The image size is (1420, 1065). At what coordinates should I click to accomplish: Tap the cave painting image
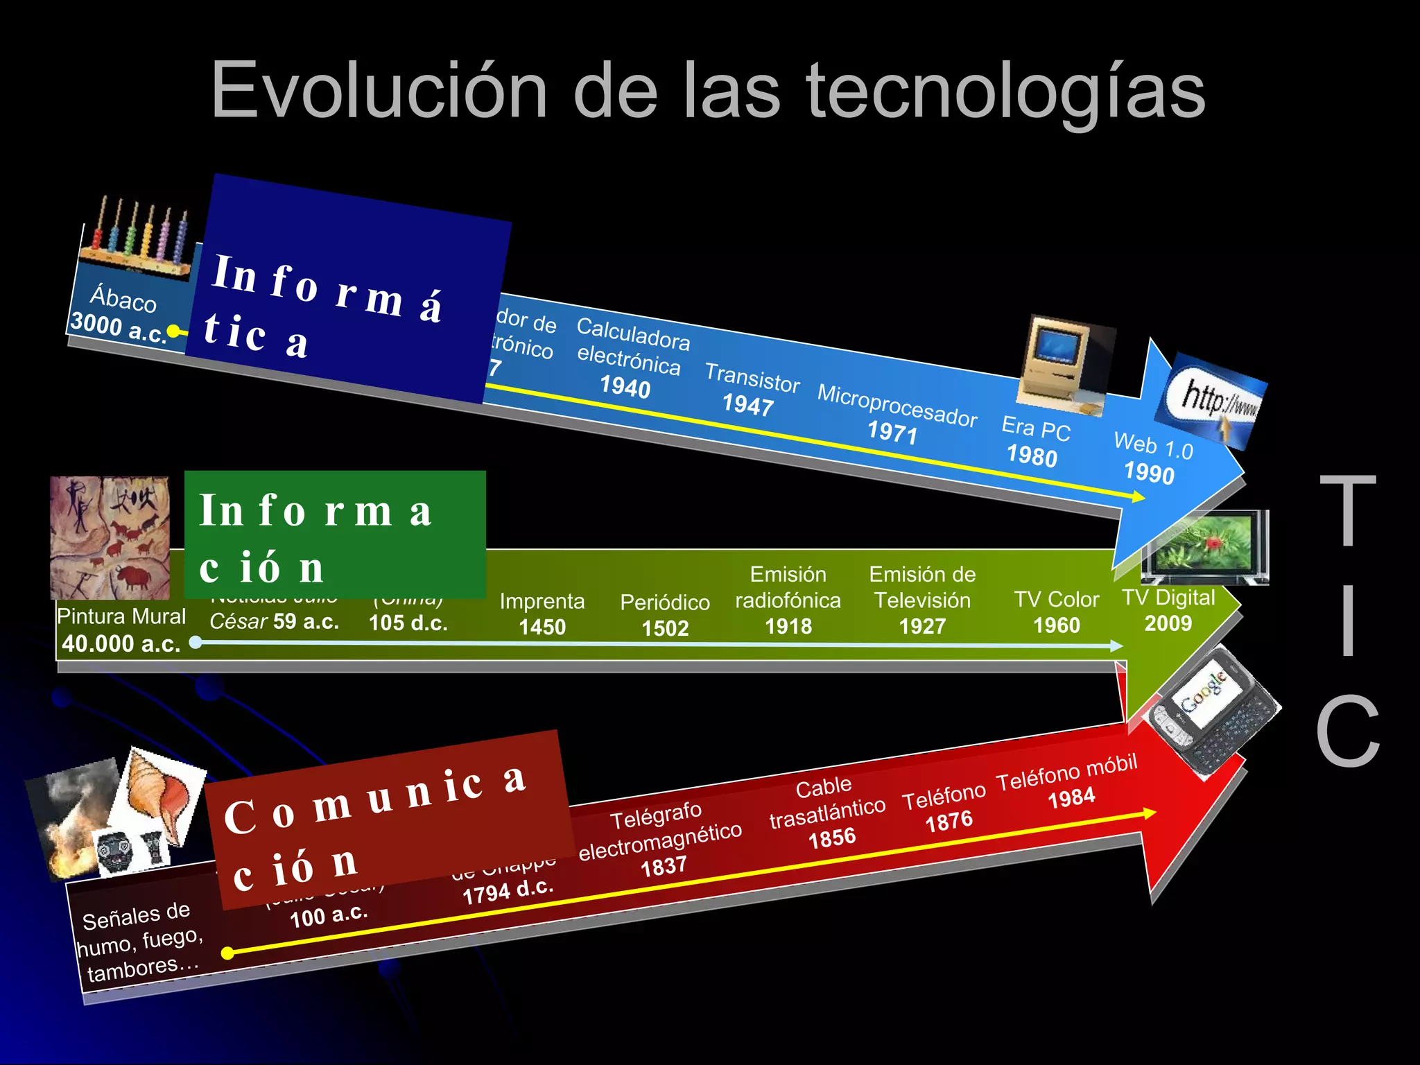[110, 537]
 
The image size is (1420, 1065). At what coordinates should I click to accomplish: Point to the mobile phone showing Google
[1212, 711]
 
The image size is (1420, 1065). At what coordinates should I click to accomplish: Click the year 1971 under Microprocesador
[892, 433]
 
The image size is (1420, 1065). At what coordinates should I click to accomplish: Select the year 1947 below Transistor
[747, 404]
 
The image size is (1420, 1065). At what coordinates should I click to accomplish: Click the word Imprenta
[542, 601]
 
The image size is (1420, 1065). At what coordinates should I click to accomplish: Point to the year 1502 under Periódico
[665, 628]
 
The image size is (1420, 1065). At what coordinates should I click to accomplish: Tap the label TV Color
[1057, 599]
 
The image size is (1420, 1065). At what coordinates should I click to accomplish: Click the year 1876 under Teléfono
[949, 822]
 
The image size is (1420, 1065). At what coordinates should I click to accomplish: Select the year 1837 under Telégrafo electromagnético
[664, 867]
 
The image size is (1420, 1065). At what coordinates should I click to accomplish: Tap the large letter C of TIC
[1348, 731]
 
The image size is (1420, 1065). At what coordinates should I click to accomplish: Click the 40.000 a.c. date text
[121, 643]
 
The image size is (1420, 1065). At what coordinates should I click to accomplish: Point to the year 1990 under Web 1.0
[1149, 473]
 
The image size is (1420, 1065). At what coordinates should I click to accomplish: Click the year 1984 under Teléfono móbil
[1071, 797]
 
